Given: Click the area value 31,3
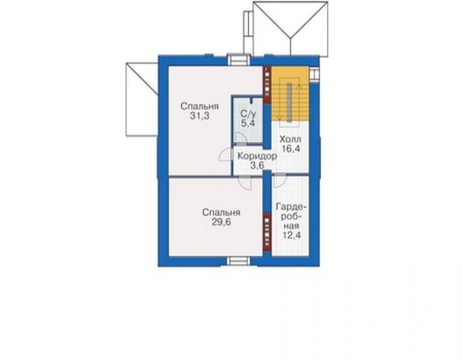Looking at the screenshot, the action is [x=200, y=116].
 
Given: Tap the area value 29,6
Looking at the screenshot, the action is [x=221, y=222].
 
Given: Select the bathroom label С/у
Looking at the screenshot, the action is [x=248, y=113].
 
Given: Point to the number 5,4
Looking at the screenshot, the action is [x=248, y=123].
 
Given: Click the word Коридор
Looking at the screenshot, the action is [x=257, y=156].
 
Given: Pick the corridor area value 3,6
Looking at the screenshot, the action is [x=257, y=165].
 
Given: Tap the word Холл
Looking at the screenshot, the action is [x=290, y=139].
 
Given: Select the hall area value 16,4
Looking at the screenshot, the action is [x=291, y=148].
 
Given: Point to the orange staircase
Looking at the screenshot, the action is [x=290, y=94].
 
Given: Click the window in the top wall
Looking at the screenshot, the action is [x=238, y=60].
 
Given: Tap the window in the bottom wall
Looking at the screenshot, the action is [x=238, y=262].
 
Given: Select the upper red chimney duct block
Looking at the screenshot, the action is [x=267, y=85].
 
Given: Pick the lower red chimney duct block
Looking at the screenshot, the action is [x=267, y=233].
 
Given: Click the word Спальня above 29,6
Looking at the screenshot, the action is [x=221, y=212].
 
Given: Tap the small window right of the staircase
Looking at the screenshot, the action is [x=314, y=74].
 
